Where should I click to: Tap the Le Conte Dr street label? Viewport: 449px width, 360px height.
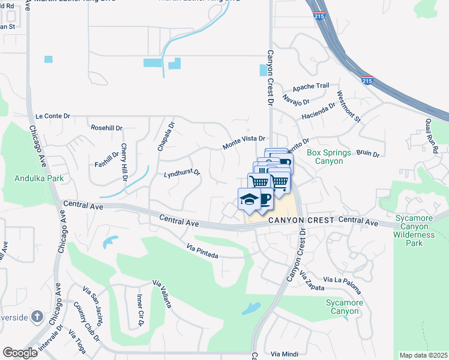[x=53, y=116]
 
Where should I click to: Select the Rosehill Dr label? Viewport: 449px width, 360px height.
[x=106, y=128]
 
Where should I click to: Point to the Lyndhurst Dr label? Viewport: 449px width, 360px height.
[x=182, y=174]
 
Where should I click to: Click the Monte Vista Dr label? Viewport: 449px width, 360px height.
[x=244, y=142]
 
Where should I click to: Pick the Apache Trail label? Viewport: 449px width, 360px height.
[x=311, y=86]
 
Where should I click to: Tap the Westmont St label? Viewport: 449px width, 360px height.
[x=349, y=107]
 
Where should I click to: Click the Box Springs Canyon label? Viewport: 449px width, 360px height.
[x=329, y=157]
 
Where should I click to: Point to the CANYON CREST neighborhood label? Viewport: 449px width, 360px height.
[x=300, y=221]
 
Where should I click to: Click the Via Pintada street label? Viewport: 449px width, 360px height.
[x=202, y=251]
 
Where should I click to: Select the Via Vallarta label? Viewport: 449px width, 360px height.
[x=162, y=294]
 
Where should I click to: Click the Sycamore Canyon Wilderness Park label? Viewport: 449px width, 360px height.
[x=420, y=230]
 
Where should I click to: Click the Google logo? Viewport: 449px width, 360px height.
[x=20, y=353]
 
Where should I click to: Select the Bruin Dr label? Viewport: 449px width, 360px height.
[x=368, y=154]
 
